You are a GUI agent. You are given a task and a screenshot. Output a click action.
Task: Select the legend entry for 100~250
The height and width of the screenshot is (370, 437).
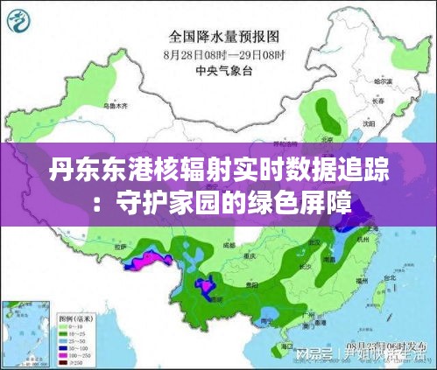coord(80,355)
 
